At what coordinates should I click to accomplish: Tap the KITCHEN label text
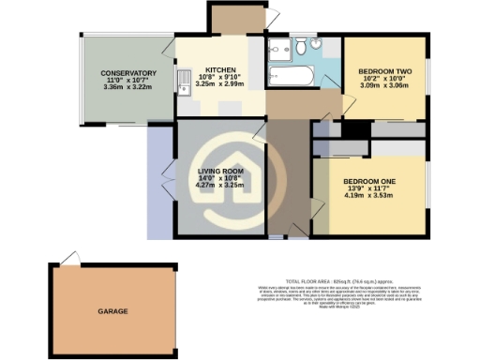[x=221, y=69]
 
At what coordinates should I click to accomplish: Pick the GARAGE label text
[x=113, y=310]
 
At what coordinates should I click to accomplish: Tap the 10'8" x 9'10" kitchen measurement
[x=221, y=77]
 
